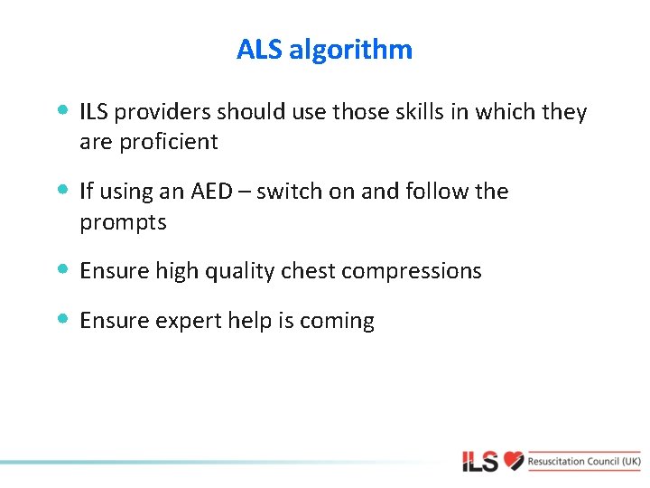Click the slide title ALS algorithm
pos(324,49)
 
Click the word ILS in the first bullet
pos(92,112)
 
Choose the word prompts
pos(123,222)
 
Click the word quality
pos(233,271)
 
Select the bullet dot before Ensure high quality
pos(61,269)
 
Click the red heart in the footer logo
pos(514,461)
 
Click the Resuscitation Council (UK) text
pos(585,461)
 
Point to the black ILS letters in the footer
pos(480,462)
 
